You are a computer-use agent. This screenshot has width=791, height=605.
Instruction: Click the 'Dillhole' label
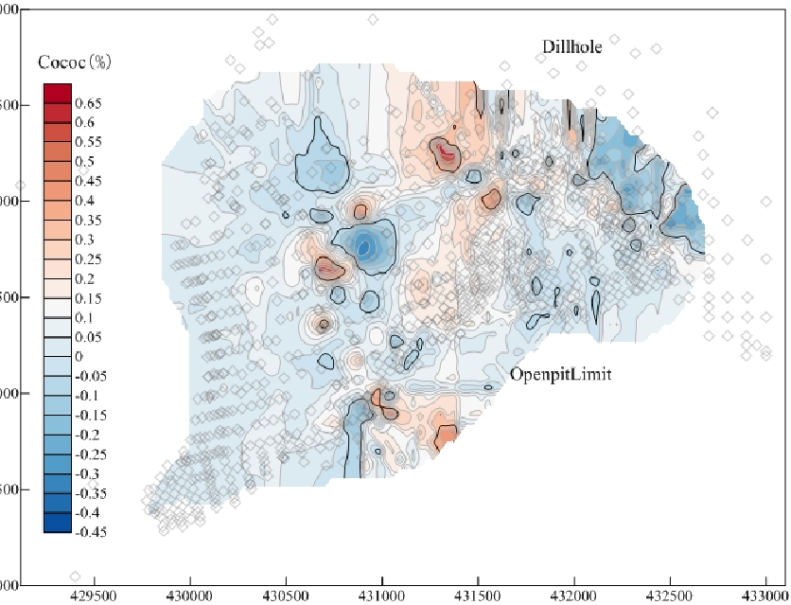pyautogui.click(x=571, y=46)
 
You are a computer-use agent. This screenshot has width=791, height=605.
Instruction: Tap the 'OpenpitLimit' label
pyautogui.click(x=560, y=374)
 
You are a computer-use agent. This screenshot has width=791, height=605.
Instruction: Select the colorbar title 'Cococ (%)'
pyautogui.click(x=75, y=63)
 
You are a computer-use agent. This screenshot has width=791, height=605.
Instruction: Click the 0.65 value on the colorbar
pyautogui.click(x=88, y=102)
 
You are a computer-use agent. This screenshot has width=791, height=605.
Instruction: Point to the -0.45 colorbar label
pyautogui.click(x=91, y=532)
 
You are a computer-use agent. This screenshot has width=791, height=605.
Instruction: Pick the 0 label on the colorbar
pyautogui.click(x=79, y=356)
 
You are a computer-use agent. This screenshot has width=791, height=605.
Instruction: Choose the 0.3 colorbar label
pyautogui.click(x=85, y=239)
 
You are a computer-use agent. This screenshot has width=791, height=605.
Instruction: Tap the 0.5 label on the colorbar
pyautogui.click(x=85, y=161)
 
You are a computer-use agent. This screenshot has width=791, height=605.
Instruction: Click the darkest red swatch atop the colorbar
pyautogui.click(x=56, y=93)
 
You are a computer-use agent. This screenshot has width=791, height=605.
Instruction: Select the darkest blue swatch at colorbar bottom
pyautogui.click(x=56, y=523)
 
